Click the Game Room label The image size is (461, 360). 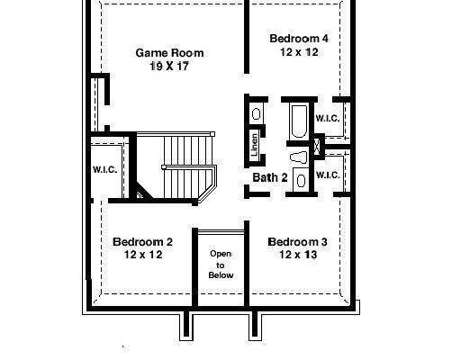[169, 53]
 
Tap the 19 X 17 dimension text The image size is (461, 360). [169, 66]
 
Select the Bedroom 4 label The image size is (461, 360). [299, 39]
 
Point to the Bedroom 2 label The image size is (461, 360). [142, 242]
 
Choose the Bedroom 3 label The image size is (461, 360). [297, 242]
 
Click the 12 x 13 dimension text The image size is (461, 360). [298, 255]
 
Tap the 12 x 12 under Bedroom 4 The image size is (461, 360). [299, 52]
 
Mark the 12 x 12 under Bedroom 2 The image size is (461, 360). [143, 255]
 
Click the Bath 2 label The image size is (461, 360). [270, 177]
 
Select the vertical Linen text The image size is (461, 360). [254, 145]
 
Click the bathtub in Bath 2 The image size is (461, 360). [299, 121]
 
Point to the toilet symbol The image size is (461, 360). [299, 157]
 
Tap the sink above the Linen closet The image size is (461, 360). [256, 114]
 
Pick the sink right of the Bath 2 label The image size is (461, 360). [301, 180]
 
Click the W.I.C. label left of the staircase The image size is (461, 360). [105, 170]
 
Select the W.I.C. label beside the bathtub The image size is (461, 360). [328, 118]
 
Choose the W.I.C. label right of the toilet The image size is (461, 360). [328, 175]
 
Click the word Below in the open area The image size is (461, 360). [221, 275]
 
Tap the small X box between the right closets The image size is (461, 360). [317, 147]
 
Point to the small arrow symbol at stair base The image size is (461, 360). [140, 195]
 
